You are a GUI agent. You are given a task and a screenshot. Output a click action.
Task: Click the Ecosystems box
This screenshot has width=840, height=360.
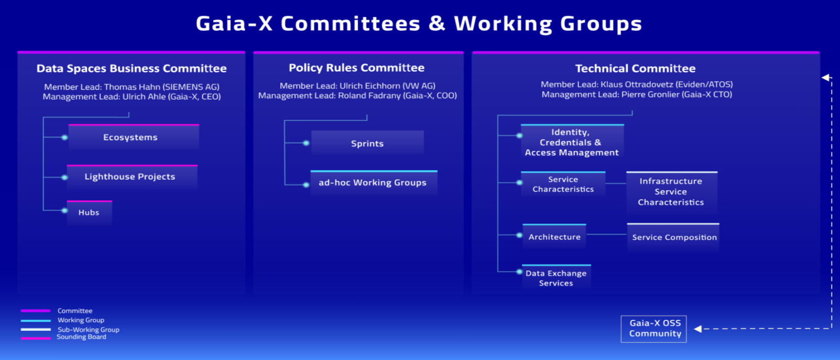pos(134,137)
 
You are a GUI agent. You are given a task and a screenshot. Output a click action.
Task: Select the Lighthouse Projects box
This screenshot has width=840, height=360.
pos(132,177)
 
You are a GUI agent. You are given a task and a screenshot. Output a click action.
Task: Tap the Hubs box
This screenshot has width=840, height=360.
pos(89,212)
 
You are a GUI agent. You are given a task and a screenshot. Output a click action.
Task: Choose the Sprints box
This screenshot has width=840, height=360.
pos(367,143)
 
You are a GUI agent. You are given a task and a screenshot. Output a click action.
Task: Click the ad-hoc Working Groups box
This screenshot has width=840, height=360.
pos(374,183)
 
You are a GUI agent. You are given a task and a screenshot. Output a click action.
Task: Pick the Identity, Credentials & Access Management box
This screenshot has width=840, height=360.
pos(572,142)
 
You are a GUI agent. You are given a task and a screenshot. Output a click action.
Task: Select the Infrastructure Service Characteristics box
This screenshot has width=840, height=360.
pos(672,192)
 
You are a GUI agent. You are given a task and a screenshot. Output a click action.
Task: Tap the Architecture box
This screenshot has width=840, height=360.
pos(554,236)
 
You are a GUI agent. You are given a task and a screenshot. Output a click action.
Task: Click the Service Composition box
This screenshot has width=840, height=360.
pos(673,237)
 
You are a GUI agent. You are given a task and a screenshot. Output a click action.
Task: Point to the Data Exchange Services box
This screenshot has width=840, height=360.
pos(557,277)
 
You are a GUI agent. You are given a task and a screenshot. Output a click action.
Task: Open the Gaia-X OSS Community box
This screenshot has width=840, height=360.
pos(653,329)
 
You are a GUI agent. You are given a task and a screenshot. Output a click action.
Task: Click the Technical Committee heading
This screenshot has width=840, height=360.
pos(635,68)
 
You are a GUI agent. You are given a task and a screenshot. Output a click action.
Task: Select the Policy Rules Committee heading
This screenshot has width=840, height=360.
pos(357,68)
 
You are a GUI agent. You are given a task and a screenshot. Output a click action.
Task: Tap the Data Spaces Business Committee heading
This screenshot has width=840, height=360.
pos(132,68)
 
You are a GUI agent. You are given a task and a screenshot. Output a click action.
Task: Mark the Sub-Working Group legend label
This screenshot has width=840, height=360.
pos(89,330)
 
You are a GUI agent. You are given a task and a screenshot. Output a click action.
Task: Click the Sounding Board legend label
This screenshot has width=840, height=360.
pos(81,337)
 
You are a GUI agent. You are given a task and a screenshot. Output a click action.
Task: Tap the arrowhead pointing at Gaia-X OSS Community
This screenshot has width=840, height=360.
pos(698,329)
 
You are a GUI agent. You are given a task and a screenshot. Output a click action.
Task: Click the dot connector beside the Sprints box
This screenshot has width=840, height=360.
pos(306,143)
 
